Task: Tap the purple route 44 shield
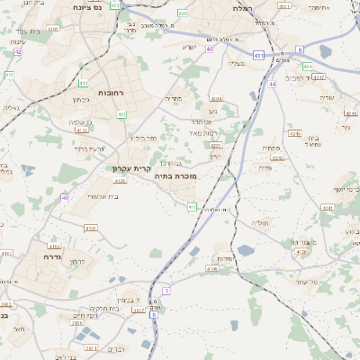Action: click(x=272, y=84)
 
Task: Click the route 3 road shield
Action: click(x=166, y=291)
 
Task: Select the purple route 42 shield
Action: click(x=17, y=51)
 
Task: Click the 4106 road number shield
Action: click(x=212, y=268)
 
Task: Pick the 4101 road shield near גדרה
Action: click(x=54, y=245)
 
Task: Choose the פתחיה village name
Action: click(x=269, y=147)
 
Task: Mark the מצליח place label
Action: click(x=236, y=62)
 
